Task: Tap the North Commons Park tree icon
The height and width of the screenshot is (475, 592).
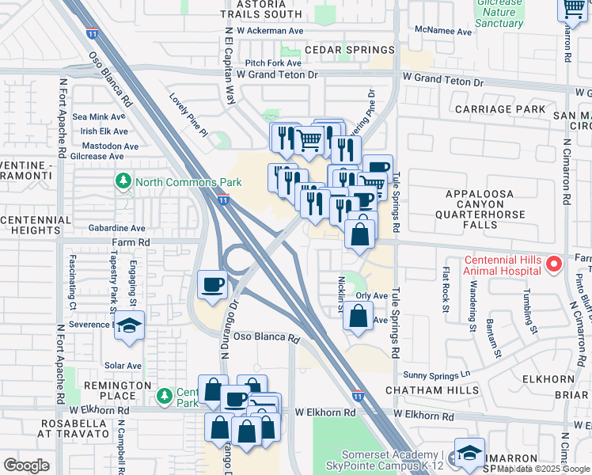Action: (x=123, y=182)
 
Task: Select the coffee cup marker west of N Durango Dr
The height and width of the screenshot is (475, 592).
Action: (x=213, y=285)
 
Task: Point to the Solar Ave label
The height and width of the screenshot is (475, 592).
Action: (x=123, y=366)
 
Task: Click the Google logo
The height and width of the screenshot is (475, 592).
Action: (x=26, y=465)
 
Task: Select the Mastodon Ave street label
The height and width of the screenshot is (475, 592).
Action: (x=104, y=146)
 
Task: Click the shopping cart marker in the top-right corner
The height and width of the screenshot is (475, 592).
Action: (x=573, y=9)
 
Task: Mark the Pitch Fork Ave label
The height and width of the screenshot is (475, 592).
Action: (x=273, y=63)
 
